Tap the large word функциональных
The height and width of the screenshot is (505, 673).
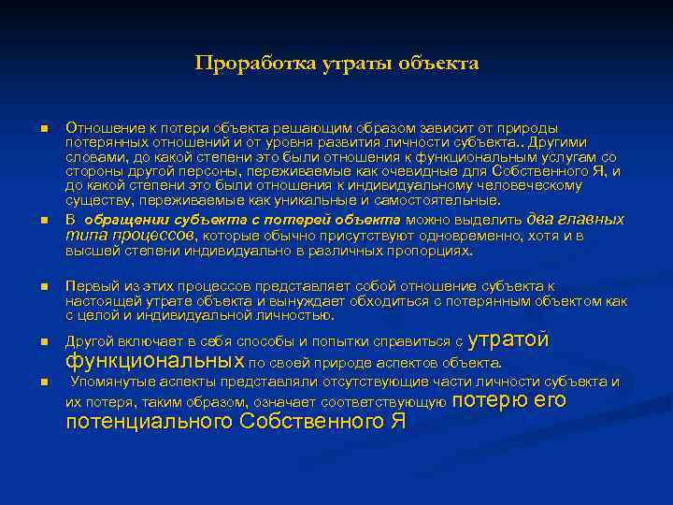click(155, 362)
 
